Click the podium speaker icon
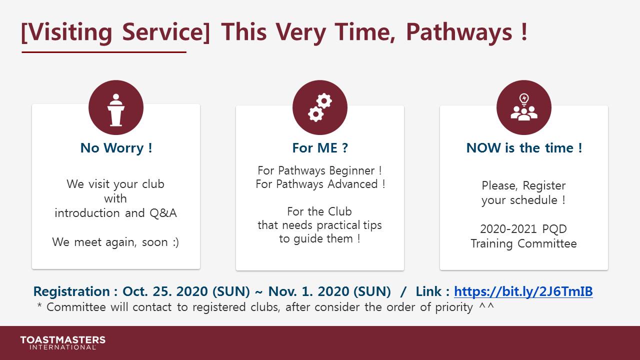tap(115, 110)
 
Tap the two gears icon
tap(320, 107)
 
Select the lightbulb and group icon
tap(524, 107)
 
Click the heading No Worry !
tap(116, 148)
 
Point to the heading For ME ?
tap(320, 148)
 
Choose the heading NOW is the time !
tap(524, 148)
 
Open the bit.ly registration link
tap(523, 291)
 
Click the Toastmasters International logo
tap(62, 342)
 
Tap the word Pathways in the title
tap(459, 32)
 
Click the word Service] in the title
tap(166, 32)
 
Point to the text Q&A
tap(163, 213)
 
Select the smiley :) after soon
tap(175, 242)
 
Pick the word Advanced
tap(352, 184)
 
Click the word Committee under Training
tap(547, 243)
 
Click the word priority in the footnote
tap(454, 307)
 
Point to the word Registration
tap(71, 292)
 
